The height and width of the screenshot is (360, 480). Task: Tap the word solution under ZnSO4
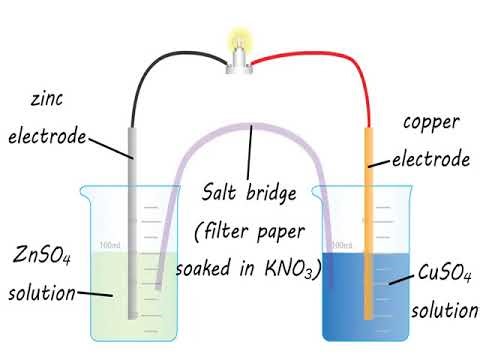(42, 294)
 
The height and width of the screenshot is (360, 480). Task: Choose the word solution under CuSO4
(445, 309)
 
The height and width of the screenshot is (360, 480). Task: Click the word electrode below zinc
(47, 137)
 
